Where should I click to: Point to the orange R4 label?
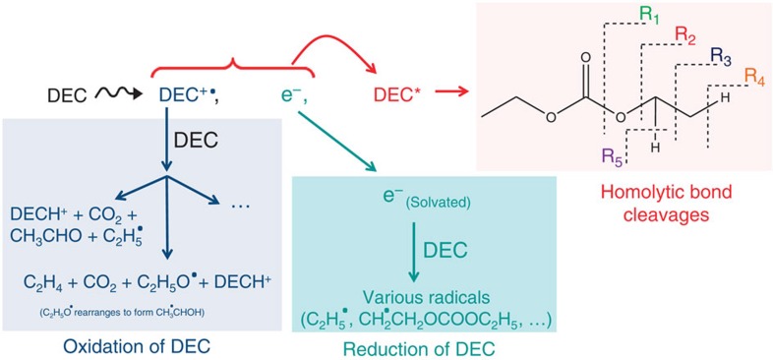755,75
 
